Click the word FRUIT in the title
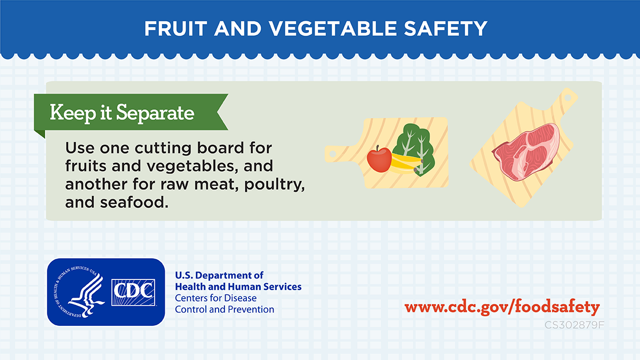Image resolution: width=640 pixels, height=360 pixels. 175,29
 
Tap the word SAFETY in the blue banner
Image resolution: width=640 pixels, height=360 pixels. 445,29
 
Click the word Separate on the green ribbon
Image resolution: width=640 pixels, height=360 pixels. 155,113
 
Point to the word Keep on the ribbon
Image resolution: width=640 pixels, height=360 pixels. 73,113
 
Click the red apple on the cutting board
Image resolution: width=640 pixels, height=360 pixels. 379,159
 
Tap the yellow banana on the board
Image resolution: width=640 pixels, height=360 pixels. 406,164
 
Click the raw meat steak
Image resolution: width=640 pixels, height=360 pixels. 526,152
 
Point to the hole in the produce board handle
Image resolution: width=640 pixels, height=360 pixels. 333,154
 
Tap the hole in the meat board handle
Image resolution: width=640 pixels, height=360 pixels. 567,98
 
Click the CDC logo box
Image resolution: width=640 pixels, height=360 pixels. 133,292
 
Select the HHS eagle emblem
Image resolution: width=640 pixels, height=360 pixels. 79,292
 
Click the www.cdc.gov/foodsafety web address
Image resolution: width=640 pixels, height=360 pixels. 502,307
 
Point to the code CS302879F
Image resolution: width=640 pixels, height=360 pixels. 574,325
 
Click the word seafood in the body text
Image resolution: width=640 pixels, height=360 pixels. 134,202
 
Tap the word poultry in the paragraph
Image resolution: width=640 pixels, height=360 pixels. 274,185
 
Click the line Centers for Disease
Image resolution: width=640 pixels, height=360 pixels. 215,298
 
